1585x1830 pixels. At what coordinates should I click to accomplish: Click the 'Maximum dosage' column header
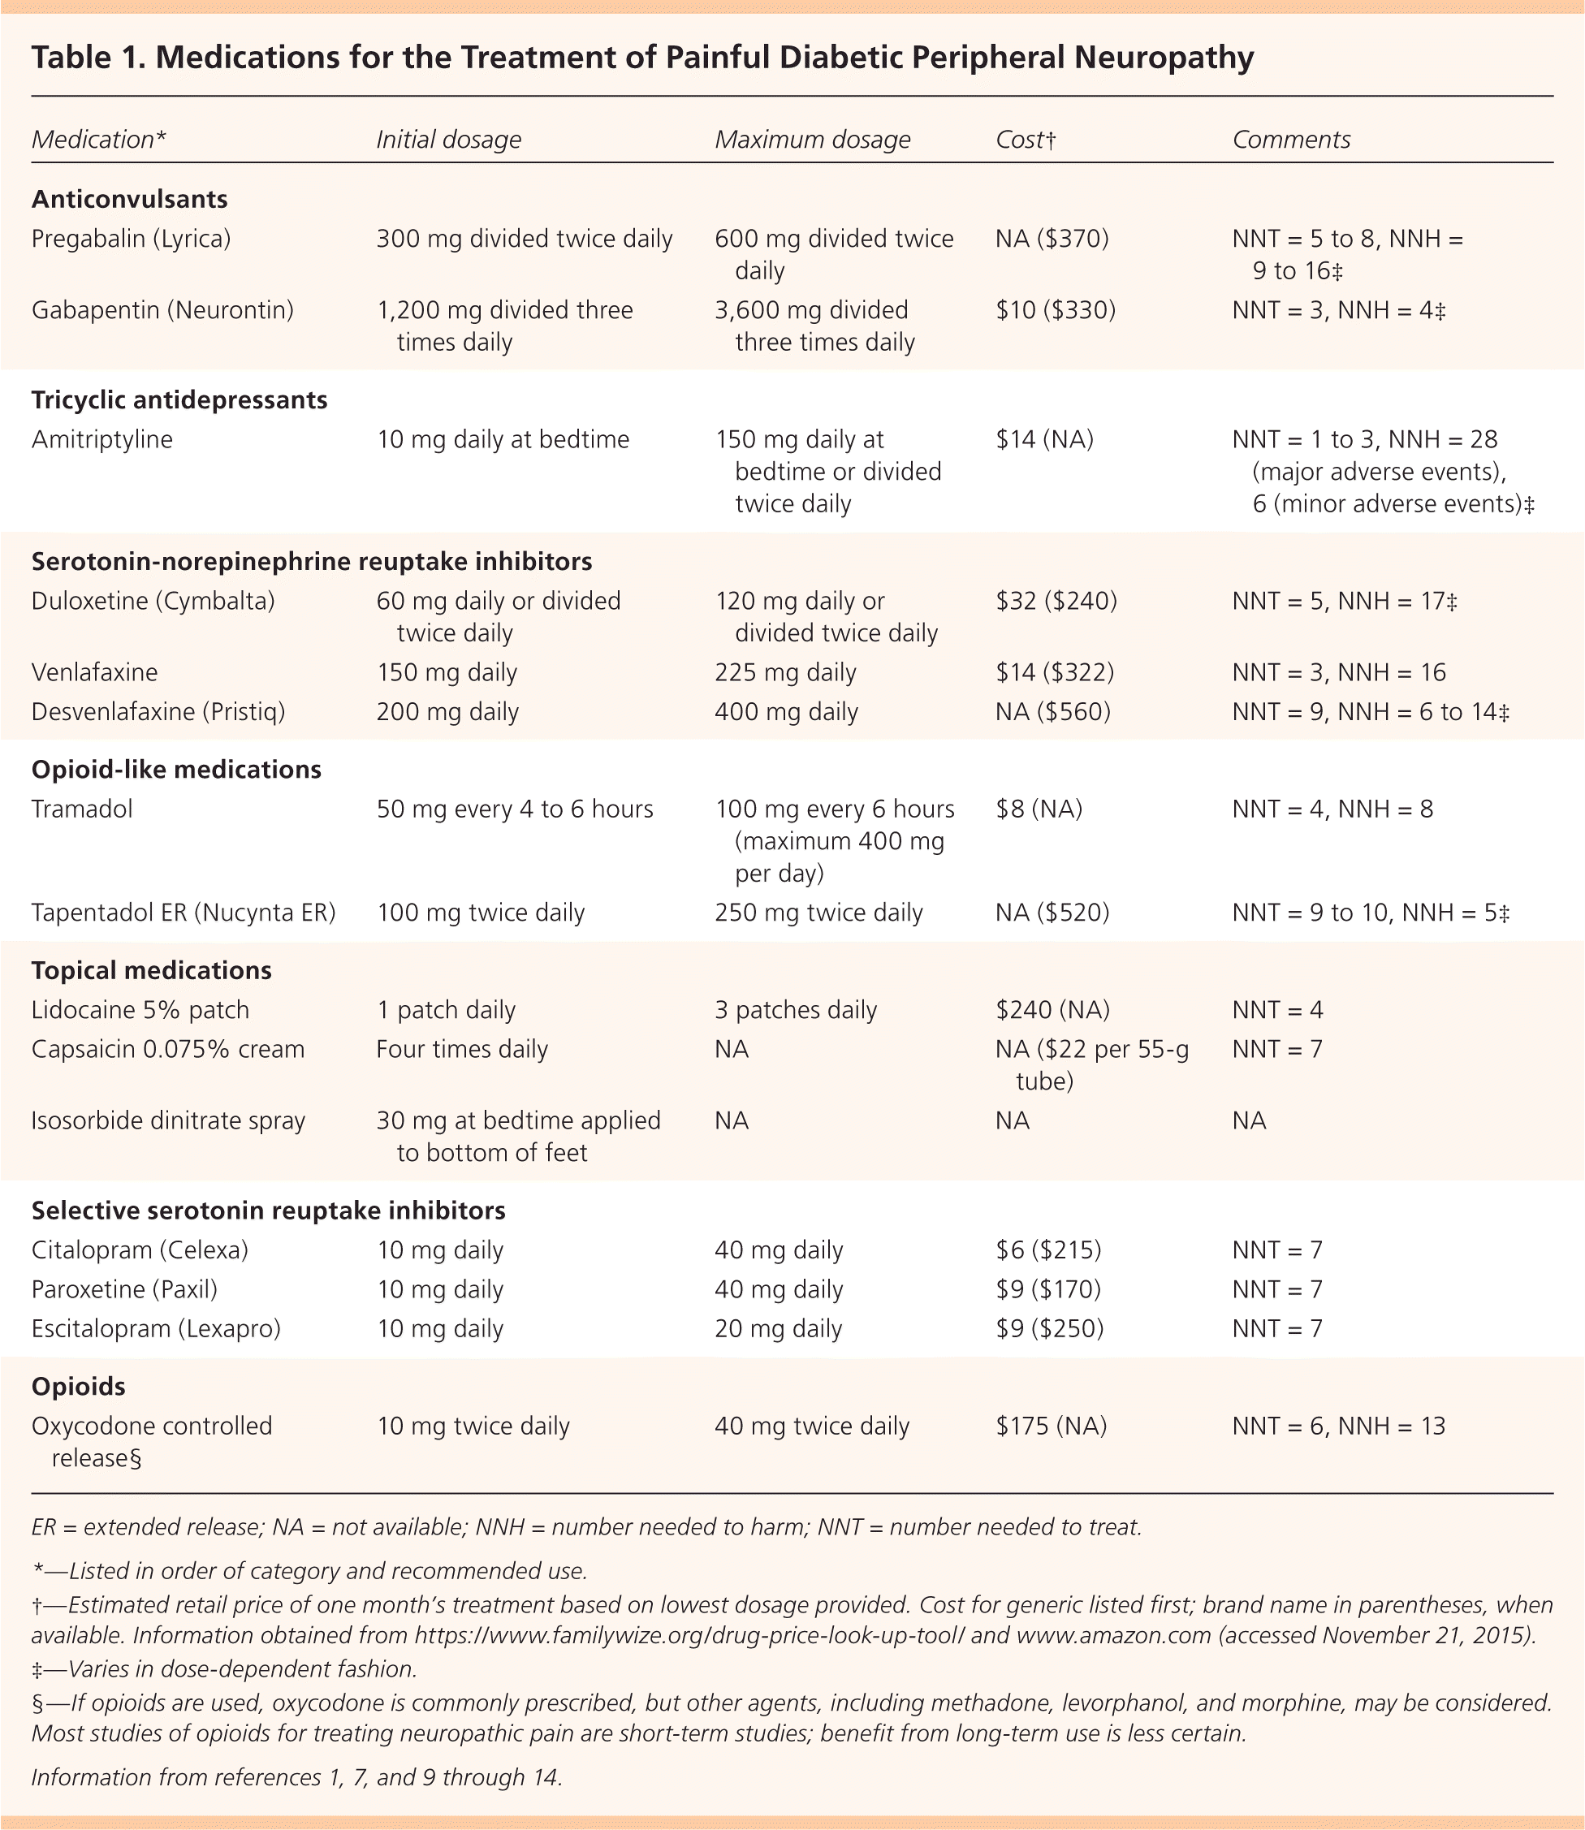coord(812,140)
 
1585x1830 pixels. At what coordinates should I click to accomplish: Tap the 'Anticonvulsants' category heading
coord(129,199)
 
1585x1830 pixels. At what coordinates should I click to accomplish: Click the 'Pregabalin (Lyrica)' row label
coord(131,239)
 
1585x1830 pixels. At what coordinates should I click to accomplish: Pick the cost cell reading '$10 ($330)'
coord(1056,310)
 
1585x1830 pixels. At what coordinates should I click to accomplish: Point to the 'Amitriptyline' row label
coord(101,439)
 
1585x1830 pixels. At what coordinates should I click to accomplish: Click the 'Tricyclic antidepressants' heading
coord(179,401)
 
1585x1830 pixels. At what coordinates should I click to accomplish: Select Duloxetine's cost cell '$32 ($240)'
coord(1056,602)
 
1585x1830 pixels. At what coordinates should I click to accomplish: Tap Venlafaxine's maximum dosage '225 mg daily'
coord(785,673)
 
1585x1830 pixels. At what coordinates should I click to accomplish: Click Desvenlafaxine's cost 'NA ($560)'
coord(1052,712)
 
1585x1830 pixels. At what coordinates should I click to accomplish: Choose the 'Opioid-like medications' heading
coord(176,770)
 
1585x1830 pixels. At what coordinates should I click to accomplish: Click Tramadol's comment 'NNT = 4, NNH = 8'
coord(1332,809)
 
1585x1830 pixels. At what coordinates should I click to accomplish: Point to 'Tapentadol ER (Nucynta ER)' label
coord(183,913)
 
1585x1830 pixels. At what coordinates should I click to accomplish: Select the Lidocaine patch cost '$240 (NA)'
coord(1052,1010)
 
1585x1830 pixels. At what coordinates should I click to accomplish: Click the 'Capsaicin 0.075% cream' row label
coord(168,1050)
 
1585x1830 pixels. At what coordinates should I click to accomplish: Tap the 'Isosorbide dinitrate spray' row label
coord(168,1120)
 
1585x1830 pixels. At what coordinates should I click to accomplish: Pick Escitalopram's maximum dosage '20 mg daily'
coord(779,1328)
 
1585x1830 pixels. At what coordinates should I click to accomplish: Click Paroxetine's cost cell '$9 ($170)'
coord(1048,1289)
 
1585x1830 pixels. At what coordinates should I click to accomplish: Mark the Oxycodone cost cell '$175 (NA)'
coord(1051,1426)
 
